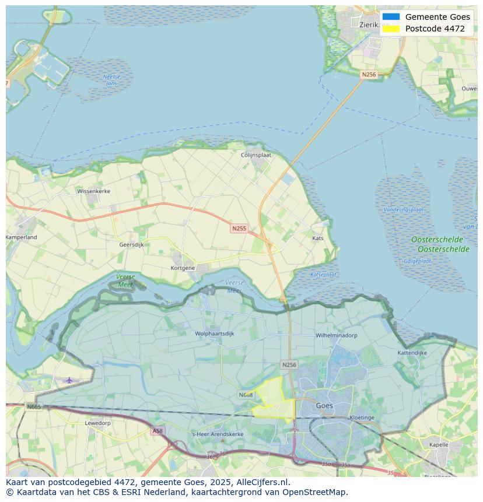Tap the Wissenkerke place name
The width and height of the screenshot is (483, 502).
pyautogui.click(x=93, y=191)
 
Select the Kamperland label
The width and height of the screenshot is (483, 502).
pyautogui.click(x=22, y=237)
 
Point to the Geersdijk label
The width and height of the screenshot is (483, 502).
pyautogui.click(x=131, y=245)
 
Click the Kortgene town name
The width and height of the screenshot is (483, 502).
pyautogui.click(x=183, y=268)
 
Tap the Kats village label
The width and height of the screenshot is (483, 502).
pyautogui.click(x=318, y=238)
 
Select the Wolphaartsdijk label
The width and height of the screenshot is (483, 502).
pyautogui.click(x=215, y=334)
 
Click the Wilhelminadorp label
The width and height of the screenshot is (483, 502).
pyautogui.click(x=337, y=336)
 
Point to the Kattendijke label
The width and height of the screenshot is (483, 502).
pyautogui.click(x=412, y=353)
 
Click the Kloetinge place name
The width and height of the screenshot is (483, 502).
pyautogui.click(x=362, y=417)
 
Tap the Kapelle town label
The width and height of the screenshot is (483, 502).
pyautogui.click(x=439, y=444)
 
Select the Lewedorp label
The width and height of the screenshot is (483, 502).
pyautogui.click(x=97, y=423)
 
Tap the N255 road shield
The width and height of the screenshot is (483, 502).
pyautogui.click(x=239, y=229)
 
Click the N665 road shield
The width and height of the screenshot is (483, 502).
pyautogui.click(x=34, y=406)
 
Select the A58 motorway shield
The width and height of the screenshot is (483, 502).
pyautogui.click(x=157, y=431)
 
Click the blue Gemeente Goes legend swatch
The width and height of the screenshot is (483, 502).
pyautogui.click(x=391, y=17)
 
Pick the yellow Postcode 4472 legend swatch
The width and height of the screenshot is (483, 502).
pyautogui.click(x=391, y=29)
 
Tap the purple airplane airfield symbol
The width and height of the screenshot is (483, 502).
pyautogui.click(x=69, y=380)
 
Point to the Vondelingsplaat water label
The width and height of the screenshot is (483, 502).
pyautogui.click(x=404, y=209)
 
